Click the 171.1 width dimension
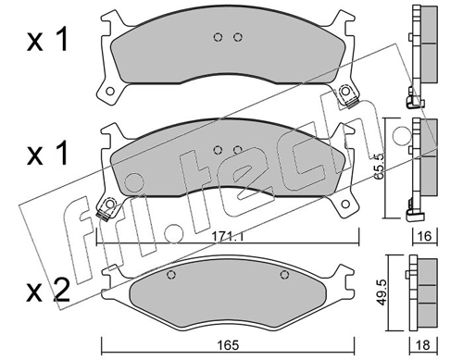click(228, 237)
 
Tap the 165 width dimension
click(228, 345)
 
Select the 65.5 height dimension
click(380, 168)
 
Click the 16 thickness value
click(425, 236)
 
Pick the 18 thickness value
click(423, 345)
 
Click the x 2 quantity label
click(48, 292)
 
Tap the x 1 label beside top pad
click(47, 40)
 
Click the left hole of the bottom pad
click(171, 275)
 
